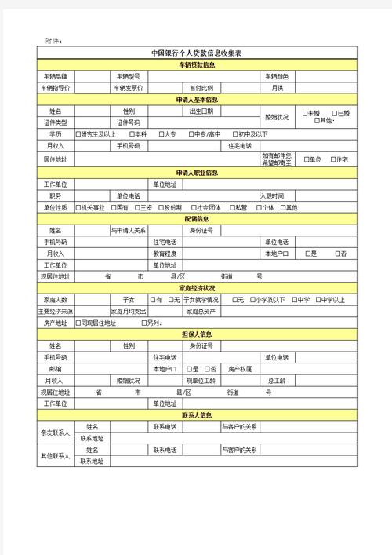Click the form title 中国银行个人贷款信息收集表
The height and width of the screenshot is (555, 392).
tap(197, 53)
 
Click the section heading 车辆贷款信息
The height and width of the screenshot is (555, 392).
tap(197, 64)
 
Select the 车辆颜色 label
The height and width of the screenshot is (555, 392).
tap(277, 76)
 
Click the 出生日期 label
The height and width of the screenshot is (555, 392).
tap(201, 111)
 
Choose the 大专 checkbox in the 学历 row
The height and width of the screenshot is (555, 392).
tap(162, 134)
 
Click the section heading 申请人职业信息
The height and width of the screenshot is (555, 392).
tap(197, 172)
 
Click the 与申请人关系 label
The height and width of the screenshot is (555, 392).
tap(128, 230)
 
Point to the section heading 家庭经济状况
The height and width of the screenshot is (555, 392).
tap(197, 288)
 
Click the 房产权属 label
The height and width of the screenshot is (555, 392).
tap(239, 368)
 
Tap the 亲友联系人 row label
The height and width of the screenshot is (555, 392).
tap(56, 433)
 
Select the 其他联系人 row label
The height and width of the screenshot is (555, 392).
tap(56, 455)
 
